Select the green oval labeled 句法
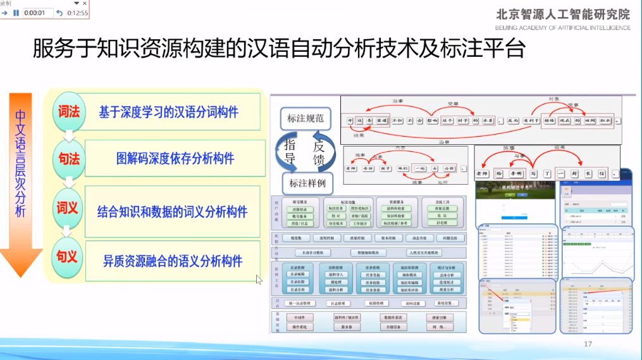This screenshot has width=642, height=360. [68, 159]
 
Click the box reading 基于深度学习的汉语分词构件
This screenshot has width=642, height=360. [172, 113]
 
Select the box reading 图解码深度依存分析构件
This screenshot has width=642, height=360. [172, 158]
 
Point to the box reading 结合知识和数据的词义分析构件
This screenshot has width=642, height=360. [172, 211]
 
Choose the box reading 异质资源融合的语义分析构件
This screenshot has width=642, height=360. [172, 260]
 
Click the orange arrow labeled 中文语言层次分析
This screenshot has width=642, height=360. [20, 183]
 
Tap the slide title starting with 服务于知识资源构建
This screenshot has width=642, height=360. [278, 48]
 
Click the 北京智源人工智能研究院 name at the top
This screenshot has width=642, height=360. [563, 14]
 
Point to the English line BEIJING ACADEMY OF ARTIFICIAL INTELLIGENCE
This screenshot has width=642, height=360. [563, 27]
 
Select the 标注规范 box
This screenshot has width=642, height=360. [306, 118]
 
